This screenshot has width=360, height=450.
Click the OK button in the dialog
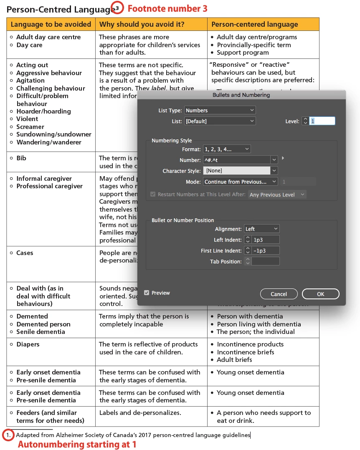320,294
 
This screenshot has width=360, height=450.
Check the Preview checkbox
147,293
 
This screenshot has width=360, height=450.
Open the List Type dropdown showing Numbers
220,110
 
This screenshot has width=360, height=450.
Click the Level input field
322,121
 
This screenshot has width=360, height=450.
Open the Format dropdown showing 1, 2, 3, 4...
226,149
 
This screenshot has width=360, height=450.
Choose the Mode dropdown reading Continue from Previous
240,182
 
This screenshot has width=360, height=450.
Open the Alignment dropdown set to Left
261,229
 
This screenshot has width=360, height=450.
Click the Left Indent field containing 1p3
265,240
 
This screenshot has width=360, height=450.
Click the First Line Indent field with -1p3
265,250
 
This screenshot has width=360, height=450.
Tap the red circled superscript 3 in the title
117,8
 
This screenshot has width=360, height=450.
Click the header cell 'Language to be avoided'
51,24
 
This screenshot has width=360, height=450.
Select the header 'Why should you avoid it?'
142,24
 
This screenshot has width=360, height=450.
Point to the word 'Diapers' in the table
28,344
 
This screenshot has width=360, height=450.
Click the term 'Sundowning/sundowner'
54,134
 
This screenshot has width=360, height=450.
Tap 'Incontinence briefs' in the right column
246,352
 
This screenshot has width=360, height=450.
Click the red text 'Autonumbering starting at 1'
77,445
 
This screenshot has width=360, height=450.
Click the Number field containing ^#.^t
236,160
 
